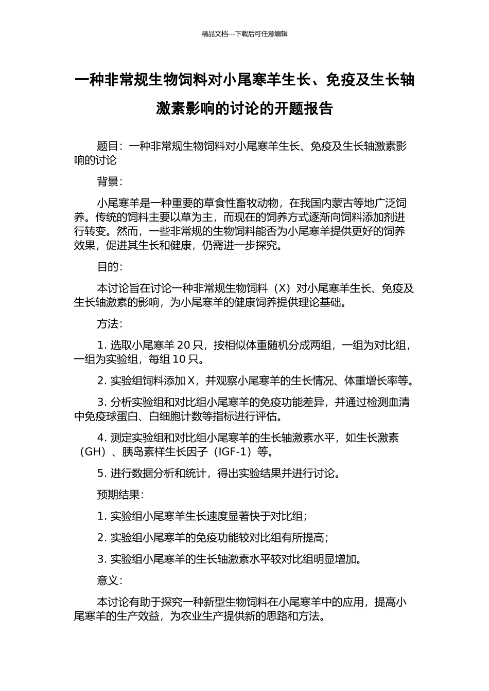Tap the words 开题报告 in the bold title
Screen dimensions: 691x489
[x=304, y=108]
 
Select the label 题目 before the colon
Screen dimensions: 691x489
[x=107, y=147]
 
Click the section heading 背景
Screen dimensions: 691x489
[x=107, y=181]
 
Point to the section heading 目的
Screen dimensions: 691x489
[x=107, y=267]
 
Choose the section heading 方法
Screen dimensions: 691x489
[x=107, y=324]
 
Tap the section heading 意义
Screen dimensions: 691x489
[x=107, y=580]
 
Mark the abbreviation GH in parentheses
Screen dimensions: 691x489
[x=93, y=452]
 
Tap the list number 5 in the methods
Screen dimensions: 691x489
[x=100, y=474]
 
